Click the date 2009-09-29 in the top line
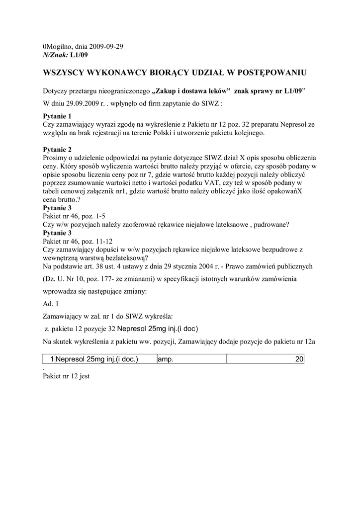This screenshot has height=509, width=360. pyautogui.click(x=107, y=46)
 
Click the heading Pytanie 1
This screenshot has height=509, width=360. pyautogui.click(x=57, y=116)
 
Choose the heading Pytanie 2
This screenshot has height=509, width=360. pyautogui.click(x=57, y=150)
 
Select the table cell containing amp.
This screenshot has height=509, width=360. pyautogui.click(x=191, y=359)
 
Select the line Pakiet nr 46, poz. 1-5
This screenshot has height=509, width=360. pyautogui.click(x=74, y=216)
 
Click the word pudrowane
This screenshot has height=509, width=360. pyautogui.click(x=270, y=225)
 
